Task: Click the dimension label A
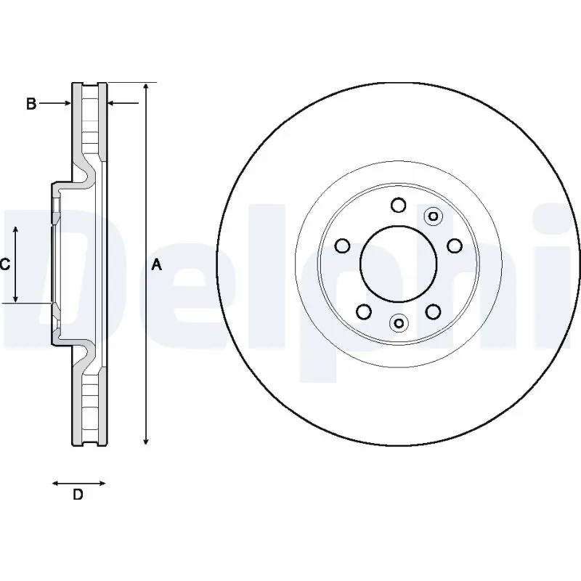(156, 266)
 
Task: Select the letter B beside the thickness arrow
(31, 104)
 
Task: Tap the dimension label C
(5, 265)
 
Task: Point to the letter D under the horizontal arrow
(78, 495)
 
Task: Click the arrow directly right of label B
(55, 104)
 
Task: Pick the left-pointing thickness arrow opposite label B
(123, 104)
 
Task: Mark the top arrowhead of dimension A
(146, 88)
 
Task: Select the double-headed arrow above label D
(78, 482)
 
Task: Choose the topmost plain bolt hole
(398, 206)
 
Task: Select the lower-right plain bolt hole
(433, 312)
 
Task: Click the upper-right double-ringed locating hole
(433, 216)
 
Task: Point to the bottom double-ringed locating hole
(399, 322)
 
